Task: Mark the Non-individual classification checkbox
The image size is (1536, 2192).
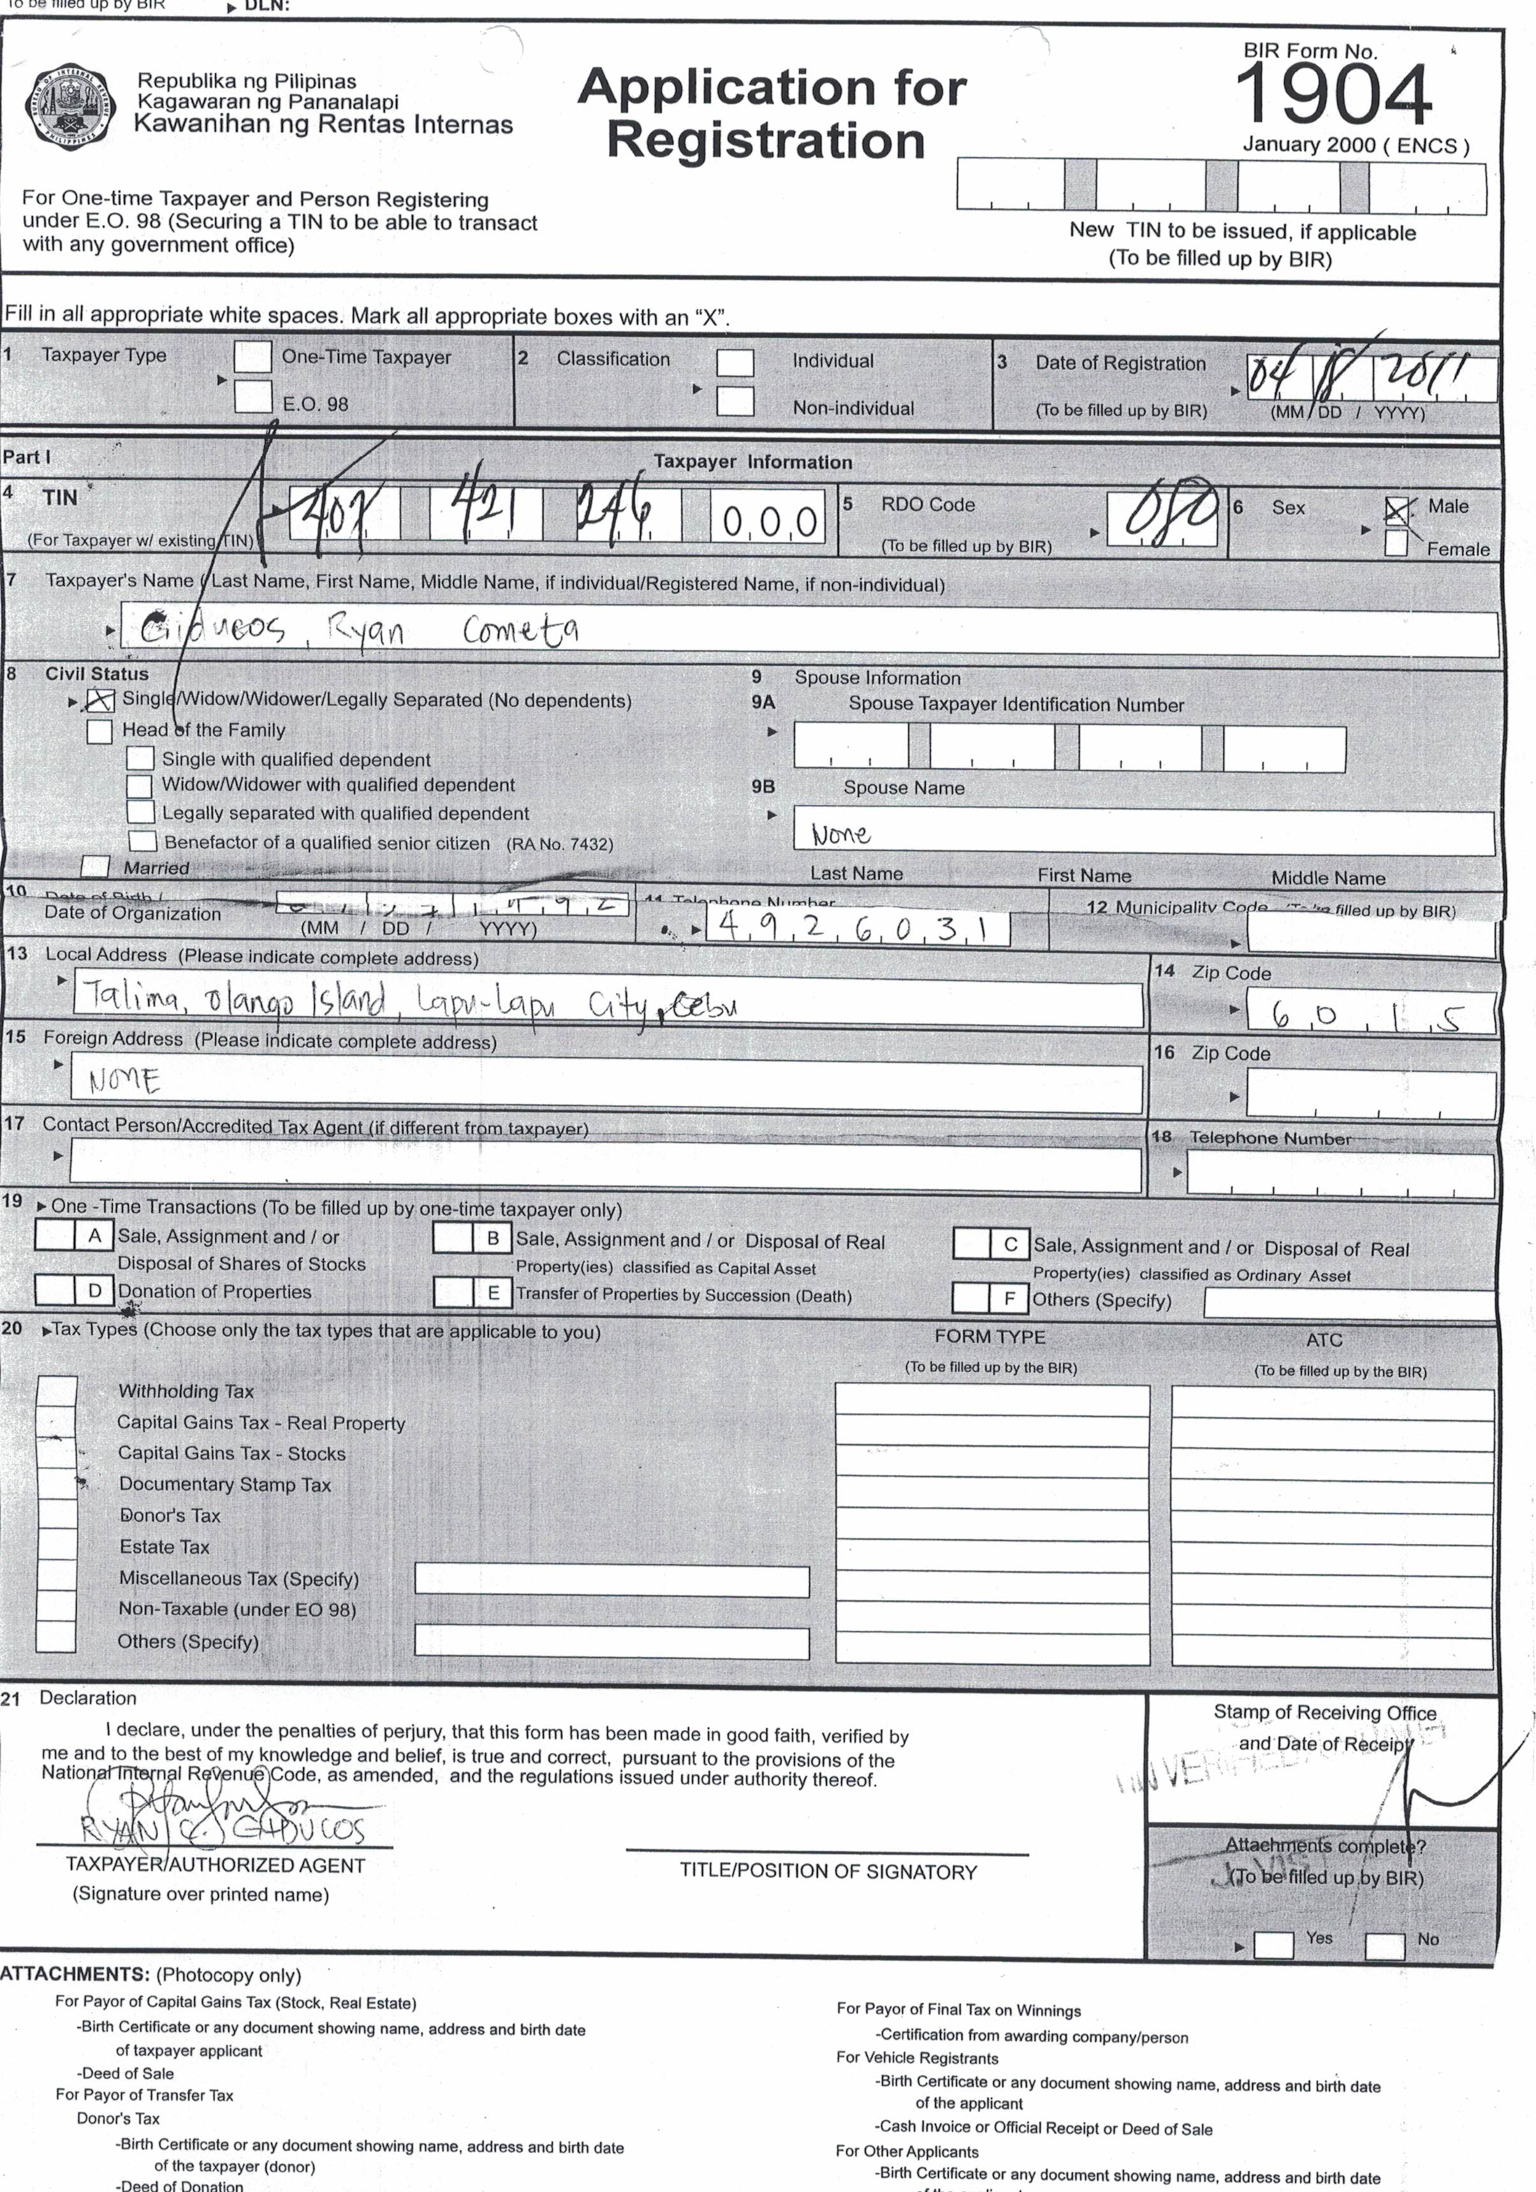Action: point(735,401)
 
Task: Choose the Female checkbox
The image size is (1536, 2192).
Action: point(1396,543)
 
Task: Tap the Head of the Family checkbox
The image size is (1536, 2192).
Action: point(99,732)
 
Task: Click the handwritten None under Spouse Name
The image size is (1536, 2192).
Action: point(840,834)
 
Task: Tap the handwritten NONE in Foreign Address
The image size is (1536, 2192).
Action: point(124,1081)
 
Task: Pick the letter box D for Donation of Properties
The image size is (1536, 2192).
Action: point(94,1291)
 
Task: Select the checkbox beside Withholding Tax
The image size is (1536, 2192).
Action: point(56,1391)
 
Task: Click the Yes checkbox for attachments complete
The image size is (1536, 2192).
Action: point(1273,1944)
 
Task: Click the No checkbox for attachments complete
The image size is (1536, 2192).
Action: point(1384,1945)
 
